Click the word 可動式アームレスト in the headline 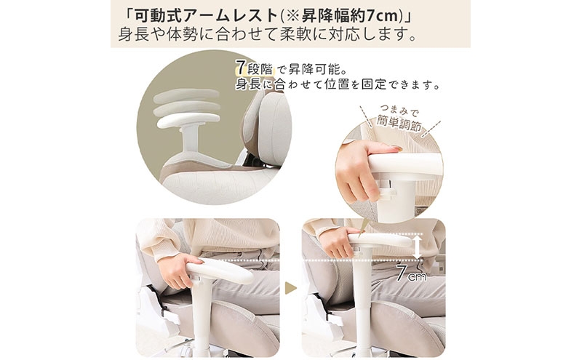(206, 15)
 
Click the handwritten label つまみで (399, 111)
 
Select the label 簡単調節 (399, 123)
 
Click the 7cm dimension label (411, 273)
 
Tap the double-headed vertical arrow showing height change (418, 247)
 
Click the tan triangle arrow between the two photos (290, 288)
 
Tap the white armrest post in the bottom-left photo (203, 316)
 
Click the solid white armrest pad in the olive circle (188, 120)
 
